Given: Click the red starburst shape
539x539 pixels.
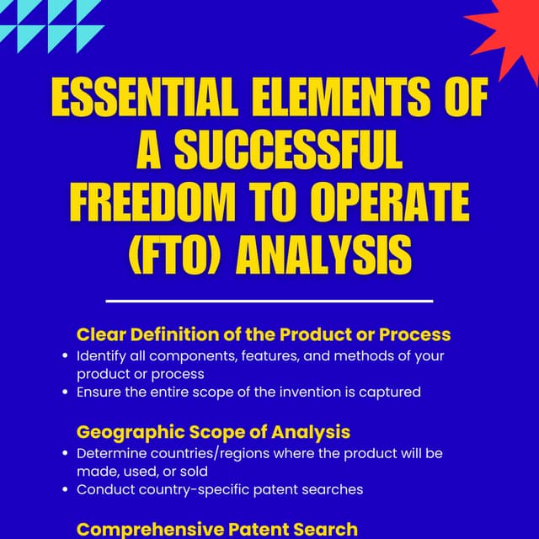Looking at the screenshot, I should point(505,34).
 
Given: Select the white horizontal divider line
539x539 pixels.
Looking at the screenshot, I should point(269,300).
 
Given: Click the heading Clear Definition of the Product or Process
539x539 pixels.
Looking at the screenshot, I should point(264,334).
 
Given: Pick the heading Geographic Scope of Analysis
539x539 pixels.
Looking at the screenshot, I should point(213,432).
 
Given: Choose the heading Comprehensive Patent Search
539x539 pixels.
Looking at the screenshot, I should point(217,529).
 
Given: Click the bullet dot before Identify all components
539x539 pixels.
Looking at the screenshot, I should point(65,356).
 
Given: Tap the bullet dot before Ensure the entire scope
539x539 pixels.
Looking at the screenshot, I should point(65,392).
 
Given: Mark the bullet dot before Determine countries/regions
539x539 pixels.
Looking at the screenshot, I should point(65,453).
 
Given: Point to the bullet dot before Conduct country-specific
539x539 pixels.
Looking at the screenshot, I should point(65,489).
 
